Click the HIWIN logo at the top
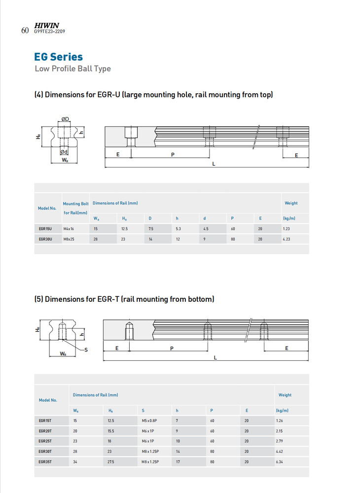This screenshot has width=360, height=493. tap(46, 25)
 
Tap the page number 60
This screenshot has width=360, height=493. tap(25, 31)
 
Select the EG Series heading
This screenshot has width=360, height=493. tap(58, 57)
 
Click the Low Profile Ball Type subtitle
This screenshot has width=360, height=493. tap(72, 69)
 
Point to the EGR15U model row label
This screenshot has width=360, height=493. tap(45, 229)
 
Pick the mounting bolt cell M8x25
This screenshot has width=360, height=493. tap(69, 239)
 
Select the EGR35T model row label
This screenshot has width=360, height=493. tap(45, 462)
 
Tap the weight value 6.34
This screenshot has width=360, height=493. tap(282, 462)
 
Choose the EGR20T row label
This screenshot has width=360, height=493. tap(45, 431)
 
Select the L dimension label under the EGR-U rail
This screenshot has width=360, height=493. tap(213, 164)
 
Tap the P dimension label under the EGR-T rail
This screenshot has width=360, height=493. tap(172, 348)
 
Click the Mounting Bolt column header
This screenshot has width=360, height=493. tap(75, 204)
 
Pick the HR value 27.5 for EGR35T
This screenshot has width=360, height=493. tap(111, 462)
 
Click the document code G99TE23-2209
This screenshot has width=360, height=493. tap(49, 31)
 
